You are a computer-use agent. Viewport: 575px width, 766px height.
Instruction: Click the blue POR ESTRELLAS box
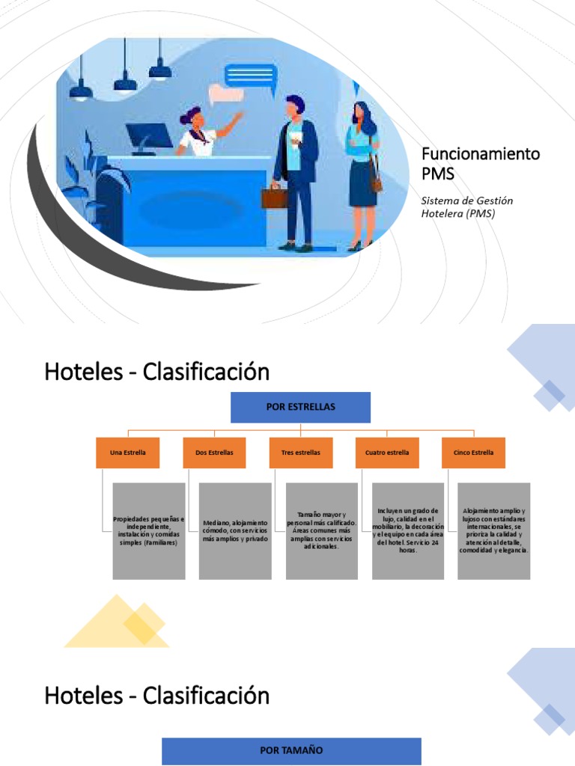(300, 407)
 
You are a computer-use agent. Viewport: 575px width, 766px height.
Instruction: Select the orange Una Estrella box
(127, 453)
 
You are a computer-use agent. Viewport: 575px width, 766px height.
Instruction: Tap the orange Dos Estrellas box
(214, 453)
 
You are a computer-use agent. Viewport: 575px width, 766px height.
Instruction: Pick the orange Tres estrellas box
(300, 453)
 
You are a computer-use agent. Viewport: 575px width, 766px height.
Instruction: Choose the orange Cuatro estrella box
(387, 453)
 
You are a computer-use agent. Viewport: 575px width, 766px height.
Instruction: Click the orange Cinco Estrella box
(473, 453)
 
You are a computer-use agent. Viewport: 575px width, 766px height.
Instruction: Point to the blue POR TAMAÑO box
(291, 750)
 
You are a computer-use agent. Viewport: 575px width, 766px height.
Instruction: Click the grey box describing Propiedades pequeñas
(148, 531)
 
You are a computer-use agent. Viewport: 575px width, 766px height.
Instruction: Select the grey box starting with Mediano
(235, 531)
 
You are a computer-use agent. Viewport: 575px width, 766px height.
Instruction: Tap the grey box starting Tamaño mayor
(321, 531)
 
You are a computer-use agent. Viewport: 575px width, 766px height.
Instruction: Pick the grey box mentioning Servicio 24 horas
(407, 531)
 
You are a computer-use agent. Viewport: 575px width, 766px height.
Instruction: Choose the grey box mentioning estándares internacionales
(494, 531)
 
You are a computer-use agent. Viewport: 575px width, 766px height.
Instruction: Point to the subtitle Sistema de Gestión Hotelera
(467, 206)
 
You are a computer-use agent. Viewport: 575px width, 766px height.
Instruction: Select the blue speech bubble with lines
(250, 75)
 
